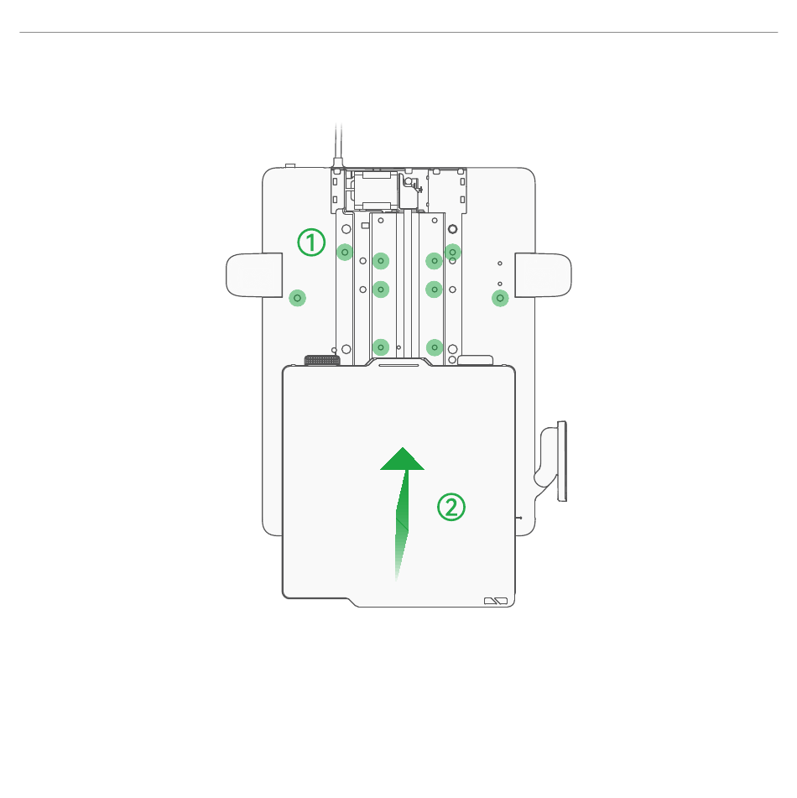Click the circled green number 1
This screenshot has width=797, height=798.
(311, 243)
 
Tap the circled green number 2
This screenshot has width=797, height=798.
(451, 507)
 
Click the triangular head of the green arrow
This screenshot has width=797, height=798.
(402, 458)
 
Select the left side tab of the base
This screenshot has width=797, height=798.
(254, 275)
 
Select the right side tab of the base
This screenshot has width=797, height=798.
(543, 275)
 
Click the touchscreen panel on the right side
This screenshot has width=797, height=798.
(562, 461)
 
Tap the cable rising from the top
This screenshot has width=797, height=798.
(338, 145)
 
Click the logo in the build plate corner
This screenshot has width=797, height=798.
(496, 601)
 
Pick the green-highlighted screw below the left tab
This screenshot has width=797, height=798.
(297, 298)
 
